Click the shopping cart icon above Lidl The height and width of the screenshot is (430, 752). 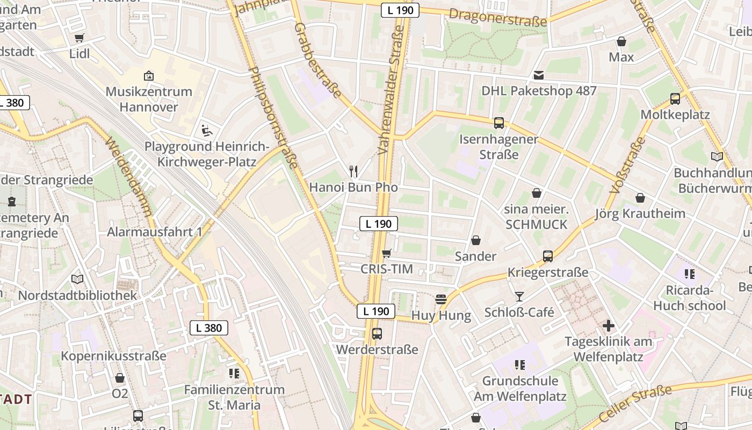pos(79,38)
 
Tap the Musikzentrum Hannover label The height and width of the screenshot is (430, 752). pos(149,99)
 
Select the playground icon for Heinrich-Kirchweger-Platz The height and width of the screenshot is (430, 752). pos(206,130)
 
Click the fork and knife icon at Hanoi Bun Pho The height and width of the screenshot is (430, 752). pos(353,171)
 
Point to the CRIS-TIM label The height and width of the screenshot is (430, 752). pos(387,269)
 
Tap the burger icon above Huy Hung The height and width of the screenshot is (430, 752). pos(441,299)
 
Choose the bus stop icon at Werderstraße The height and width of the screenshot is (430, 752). pos(377,334)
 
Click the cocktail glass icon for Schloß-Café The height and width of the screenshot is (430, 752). pos(519,296)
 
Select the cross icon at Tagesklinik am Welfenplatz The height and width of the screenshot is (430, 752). pos(608,326)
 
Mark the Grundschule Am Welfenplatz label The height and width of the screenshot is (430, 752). pos(520,389)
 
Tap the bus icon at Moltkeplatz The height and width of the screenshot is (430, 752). pos(675,99)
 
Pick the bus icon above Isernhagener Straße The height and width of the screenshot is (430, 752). pos(499,123)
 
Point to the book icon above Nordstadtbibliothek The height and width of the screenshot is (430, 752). pos(77,279)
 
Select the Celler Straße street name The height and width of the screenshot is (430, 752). pos(635,403)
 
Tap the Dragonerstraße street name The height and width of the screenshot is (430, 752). pos(497,17)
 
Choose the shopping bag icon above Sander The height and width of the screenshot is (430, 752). pos(476,240)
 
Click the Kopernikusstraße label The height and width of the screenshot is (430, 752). pos(113,356)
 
